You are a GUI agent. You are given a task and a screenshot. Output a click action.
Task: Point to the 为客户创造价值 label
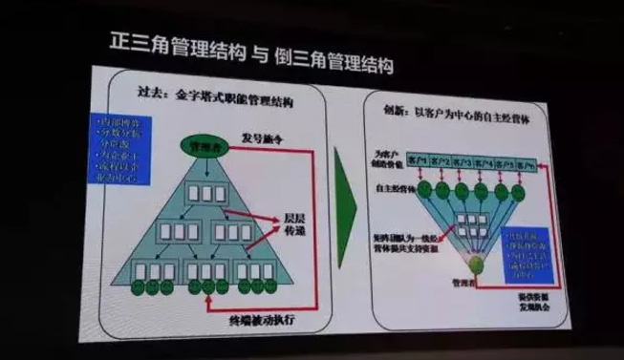pyautogui.click(x=384, y=159)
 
